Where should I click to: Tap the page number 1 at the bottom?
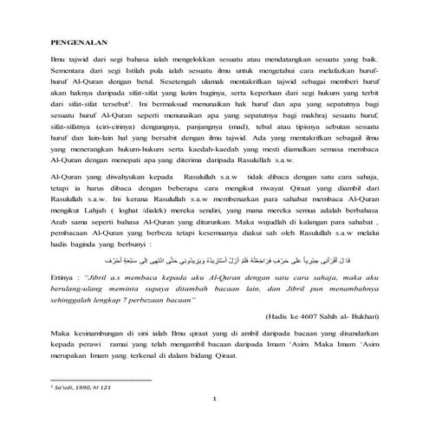pos(213,398)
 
